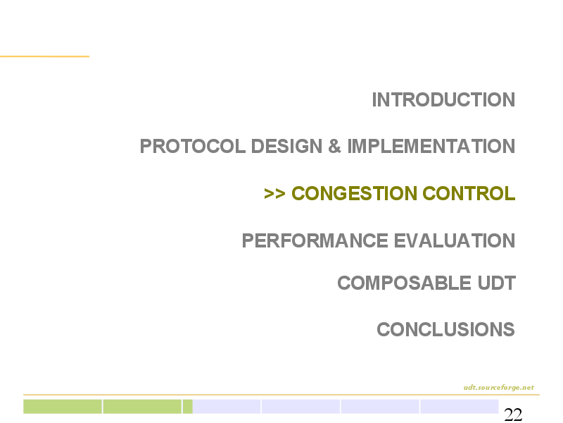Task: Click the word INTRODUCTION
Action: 443,99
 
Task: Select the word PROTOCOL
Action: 193,146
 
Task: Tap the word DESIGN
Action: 286,146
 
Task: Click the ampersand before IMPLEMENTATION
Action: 335,146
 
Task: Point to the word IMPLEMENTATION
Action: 431,146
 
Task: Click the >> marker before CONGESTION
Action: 274,193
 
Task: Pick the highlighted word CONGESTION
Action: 355,193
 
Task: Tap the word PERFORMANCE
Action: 315,240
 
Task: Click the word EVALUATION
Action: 455,240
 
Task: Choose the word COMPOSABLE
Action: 404,283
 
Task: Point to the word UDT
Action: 496,283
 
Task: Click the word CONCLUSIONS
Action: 445,329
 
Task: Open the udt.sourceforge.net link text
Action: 499,387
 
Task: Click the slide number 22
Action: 513,415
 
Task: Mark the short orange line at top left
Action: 44,56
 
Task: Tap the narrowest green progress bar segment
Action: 187,407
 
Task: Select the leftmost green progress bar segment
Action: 63,407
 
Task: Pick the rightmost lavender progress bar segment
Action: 460,407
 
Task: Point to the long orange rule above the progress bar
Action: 281,395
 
